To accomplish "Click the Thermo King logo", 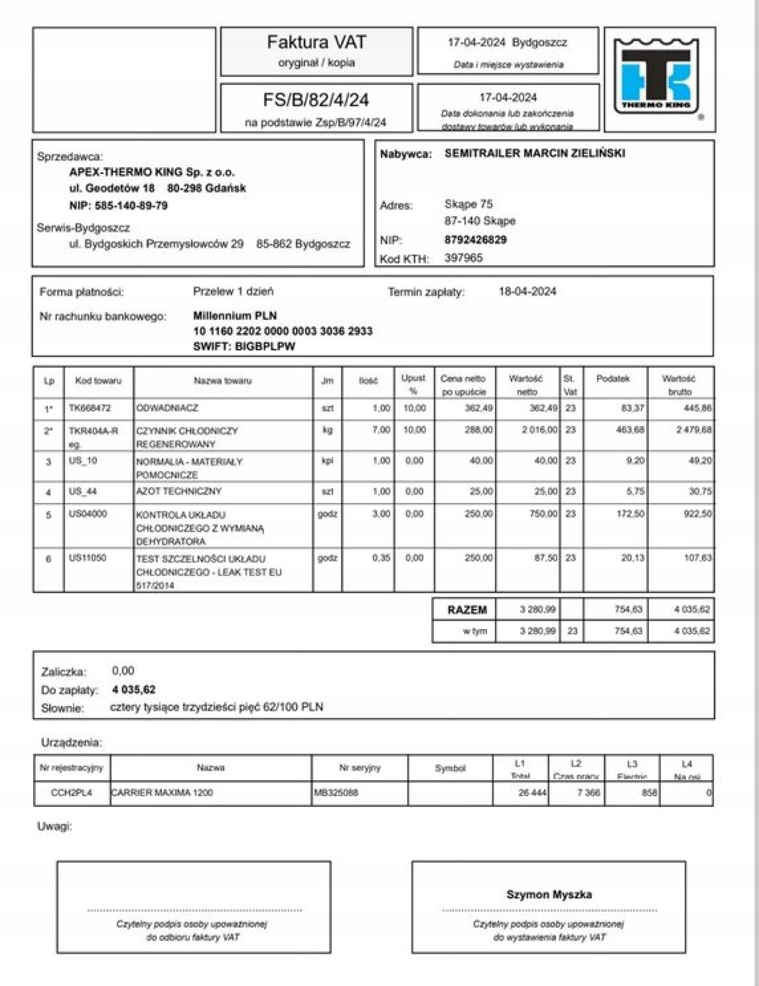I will coord(657,76).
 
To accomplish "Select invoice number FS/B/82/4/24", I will coord(316,100).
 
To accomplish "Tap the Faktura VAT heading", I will coord(316,42).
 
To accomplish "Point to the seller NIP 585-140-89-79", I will coord(118,206).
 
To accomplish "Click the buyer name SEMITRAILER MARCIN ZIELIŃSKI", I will coord(534,153).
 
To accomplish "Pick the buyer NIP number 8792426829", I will coord(475,240).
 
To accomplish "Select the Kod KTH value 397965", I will coord(463,258).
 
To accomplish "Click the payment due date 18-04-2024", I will coord(527,292).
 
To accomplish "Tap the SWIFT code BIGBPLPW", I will coord(244,346).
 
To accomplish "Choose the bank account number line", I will coord(283,331).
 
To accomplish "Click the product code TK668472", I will coord(90,408).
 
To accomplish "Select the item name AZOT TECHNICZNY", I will coord(179,491).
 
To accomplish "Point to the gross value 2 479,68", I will coord(694,430).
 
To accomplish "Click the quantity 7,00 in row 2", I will coord(381,430).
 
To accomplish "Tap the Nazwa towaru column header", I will coord(222,381).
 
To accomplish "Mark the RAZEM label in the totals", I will coord(467,610).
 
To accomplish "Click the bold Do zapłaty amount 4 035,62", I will coord(134,690).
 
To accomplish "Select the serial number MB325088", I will coord(336,792).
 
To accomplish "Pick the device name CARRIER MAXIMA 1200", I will coord(162,792).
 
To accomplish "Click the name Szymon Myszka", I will coord(549,894).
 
